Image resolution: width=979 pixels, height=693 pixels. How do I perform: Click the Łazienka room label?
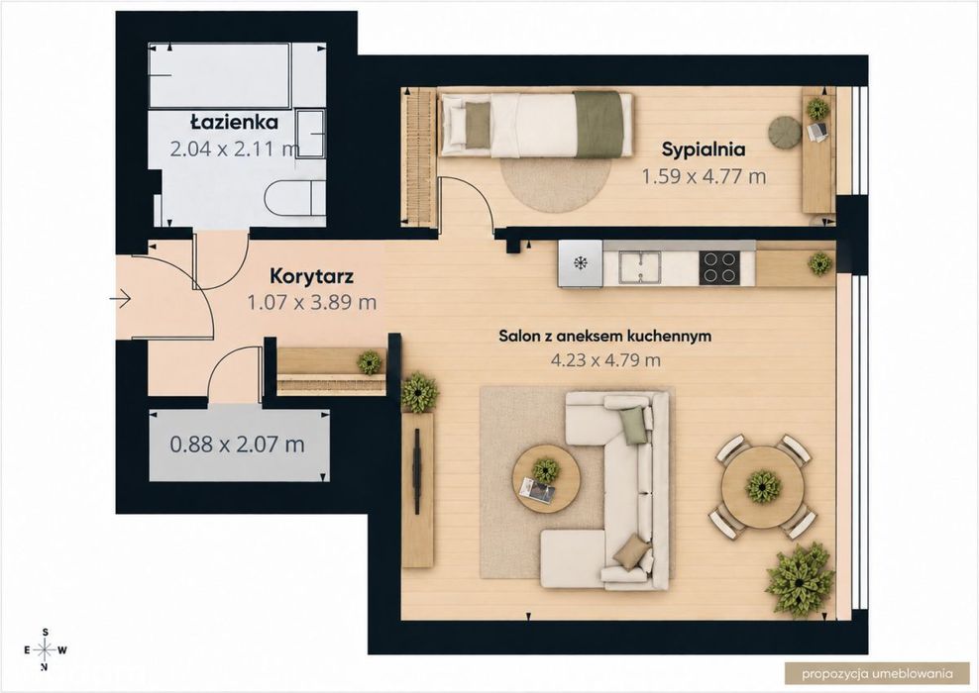234,122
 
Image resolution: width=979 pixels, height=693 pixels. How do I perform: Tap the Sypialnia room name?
704,149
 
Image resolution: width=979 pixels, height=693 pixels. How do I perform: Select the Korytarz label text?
311,275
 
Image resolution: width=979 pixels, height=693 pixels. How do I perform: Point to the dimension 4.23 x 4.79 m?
605,360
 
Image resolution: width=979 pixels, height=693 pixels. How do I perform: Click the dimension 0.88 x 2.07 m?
237,445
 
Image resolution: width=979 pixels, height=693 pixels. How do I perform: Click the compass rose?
45,650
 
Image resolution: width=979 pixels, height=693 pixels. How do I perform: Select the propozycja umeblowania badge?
877,673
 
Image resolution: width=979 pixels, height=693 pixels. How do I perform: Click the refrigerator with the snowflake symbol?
581,264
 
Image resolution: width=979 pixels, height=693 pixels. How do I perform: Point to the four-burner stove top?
718,267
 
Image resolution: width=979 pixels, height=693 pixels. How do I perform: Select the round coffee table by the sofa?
546,478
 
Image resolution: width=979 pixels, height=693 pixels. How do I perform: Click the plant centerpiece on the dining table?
763,486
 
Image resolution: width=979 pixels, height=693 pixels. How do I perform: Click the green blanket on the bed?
598,124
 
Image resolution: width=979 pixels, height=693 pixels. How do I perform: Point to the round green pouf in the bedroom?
785,133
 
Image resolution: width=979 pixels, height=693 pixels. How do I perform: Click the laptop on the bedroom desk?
817,132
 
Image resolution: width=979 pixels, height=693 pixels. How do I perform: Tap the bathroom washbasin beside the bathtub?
310,134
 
